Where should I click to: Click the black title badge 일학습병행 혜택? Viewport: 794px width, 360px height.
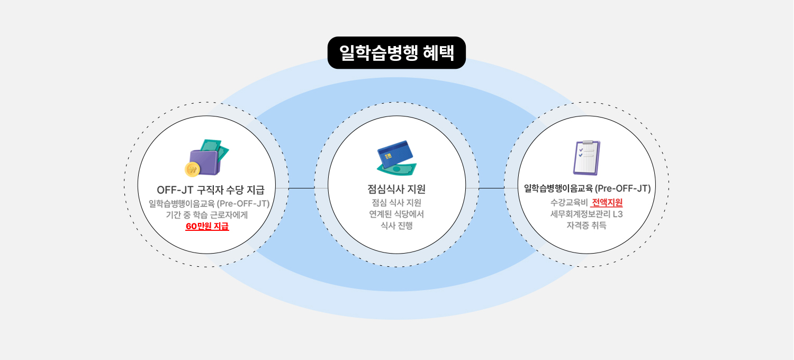point(396,53)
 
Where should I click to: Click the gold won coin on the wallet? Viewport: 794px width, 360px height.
point(192,169)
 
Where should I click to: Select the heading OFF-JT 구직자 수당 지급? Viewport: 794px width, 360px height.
point(210,190)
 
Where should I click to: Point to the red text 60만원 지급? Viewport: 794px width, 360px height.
point(207,227)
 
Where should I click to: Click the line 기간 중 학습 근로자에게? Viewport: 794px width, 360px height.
point(207,215)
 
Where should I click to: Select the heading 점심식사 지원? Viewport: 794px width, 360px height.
point(396,189)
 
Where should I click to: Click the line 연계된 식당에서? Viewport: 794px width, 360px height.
point(396,214)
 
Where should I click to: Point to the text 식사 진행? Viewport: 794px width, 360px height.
point(396,226)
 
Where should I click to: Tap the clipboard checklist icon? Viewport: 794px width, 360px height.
point(587,158)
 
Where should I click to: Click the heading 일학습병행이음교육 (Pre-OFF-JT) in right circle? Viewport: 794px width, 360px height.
point(587,188)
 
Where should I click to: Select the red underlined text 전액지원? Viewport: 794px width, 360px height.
point(607,202)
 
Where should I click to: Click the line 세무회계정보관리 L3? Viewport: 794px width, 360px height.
point(587,214)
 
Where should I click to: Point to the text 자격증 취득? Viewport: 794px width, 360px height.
point(587,226)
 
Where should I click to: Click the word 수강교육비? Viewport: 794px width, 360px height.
point(569,202)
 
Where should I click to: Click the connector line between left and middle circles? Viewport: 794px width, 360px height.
point(302,188)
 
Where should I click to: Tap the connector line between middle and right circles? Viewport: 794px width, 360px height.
point(491,188)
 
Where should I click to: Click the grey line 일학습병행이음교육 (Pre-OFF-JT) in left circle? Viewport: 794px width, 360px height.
point(209,203)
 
